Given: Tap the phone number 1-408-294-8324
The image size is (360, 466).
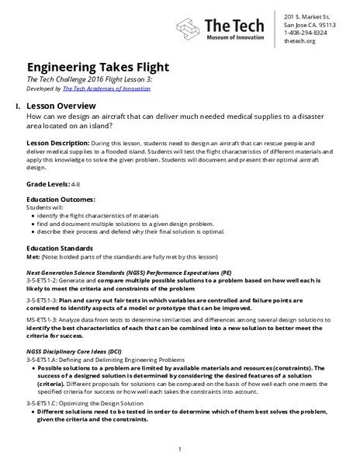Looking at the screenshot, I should tap(306, 33).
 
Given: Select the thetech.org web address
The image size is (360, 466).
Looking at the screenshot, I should tap(300, 42).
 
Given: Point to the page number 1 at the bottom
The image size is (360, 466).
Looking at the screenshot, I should tap(179, 448).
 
